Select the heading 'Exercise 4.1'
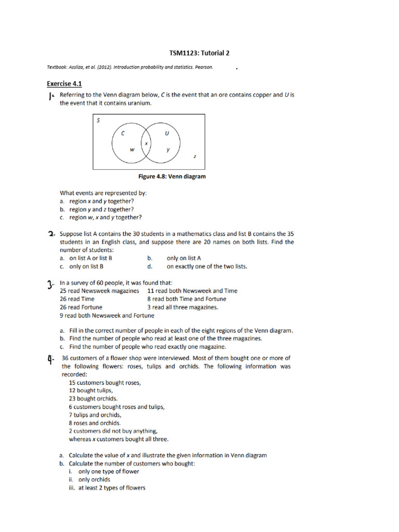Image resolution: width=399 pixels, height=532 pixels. [64, 84]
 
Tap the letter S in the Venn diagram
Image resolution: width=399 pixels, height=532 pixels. [98, 121]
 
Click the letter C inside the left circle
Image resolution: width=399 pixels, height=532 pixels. [123, 133]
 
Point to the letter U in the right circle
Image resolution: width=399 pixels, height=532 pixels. [167, 133]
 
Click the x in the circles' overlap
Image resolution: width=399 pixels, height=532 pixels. [146, 143]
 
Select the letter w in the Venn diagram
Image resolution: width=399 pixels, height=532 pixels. [132, 150]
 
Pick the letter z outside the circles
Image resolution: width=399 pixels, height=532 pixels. [194, 155]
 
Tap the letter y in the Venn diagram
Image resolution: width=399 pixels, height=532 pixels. [168, 150]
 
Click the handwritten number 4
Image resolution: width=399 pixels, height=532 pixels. [50, 359]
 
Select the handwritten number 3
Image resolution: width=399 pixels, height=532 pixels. [50, 284]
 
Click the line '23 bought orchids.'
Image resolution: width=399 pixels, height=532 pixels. [89, 398]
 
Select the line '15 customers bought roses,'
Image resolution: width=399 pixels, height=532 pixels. [104, 382]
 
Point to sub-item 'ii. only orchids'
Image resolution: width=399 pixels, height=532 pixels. [90, 480]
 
